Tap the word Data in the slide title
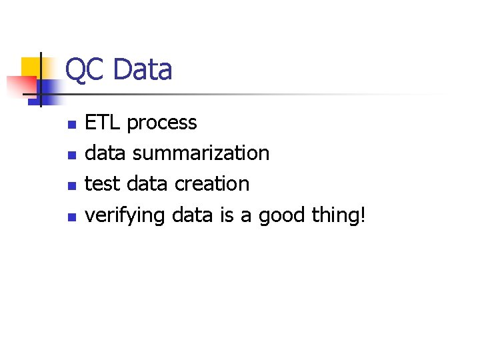tap(143, 70)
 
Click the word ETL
tap(103, 123)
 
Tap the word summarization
tap(201, 153)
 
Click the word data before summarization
tap(106, 153)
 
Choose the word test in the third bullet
tap(102, 184)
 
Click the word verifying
tap(125, 215)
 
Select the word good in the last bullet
tap(282, 215)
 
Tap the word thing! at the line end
tap(339, 215)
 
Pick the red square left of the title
tap(20, 85)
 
